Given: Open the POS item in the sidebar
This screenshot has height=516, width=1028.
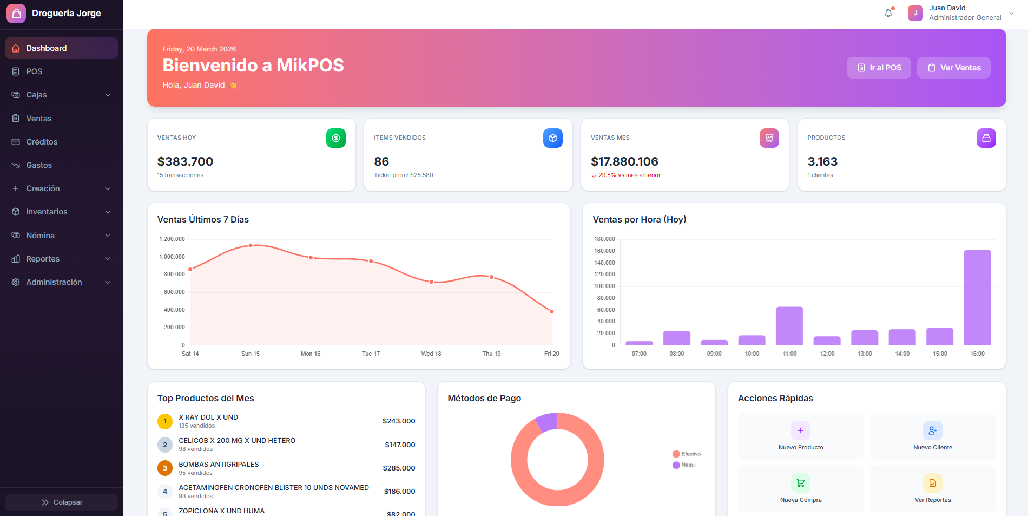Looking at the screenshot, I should tap(34, 71).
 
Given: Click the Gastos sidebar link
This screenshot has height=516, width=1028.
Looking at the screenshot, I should tap(39, 165).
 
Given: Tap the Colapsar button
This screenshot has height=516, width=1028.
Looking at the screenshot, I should tap(62, 502).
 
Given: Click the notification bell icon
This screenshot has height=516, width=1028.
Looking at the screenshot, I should tap(888, 13).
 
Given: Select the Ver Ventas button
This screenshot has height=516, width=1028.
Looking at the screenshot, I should tap(953, 68).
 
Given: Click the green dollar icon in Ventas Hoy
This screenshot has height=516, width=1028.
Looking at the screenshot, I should tap(335, 138).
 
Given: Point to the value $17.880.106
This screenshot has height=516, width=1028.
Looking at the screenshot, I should tap(624, 161).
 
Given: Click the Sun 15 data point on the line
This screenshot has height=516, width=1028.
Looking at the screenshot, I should tap(251, 246).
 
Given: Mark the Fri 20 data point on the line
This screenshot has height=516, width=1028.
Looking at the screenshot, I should tap(551, 311).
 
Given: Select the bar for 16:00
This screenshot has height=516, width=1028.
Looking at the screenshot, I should tap(977, 297).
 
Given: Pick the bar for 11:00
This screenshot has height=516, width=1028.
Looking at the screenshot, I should tap(789, 326).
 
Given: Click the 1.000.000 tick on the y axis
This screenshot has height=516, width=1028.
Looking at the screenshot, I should tap(172, 257).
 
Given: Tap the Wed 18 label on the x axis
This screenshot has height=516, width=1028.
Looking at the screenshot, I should tap(431, 354).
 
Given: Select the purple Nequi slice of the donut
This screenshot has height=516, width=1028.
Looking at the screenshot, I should tap(547, 422).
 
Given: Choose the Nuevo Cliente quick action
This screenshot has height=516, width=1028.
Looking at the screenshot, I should tap(933, 436).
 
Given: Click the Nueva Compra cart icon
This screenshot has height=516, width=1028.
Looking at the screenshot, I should tap(801, 482).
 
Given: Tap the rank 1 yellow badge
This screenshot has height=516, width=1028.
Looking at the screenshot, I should tap(165, 421).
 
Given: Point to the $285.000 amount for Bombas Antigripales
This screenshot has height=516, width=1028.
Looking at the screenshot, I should tap(399, 468).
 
